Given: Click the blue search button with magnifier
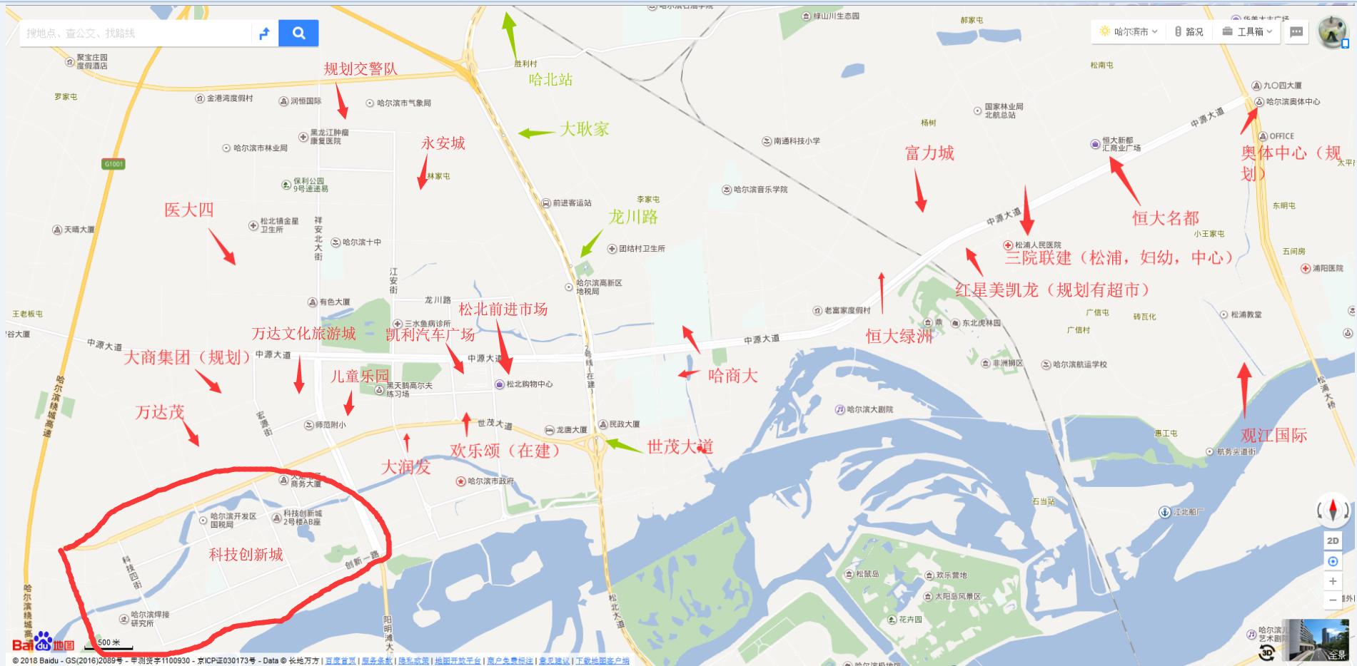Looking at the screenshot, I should pos(298,33).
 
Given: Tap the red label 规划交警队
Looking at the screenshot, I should pos(360,68).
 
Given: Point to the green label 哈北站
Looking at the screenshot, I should pos(550,80).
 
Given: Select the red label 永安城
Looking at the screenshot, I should pos(443,143).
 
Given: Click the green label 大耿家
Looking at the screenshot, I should pos(584,129).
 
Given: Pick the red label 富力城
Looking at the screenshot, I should pos(929,153).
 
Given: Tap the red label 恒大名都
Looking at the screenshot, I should pos(1165,218).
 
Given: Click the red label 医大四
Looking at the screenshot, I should pos(188,210).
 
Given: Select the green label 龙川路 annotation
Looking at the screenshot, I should pos(632,217).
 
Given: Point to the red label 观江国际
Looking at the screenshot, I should pos(1273,436).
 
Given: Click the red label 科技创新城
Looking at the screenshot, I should pos(246,555).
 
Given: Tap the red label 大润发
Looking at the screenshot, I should pos(405,468).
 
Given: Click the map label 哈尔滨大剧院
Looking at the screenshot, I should pos(868,409).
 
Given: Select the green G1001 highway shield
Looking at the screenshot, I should pos(113,164).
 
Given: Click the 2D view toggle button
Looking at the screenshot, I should pos(1332,541).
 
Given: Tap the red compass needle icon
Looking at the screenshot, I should pos(1332,511).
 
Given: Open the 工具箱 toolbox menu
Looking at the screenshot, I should pos(1248,32).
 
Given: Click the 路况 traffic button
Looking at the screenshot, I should pos(1189,32).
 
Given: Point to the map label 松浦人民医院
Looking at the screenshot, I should pos(1037,245).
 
